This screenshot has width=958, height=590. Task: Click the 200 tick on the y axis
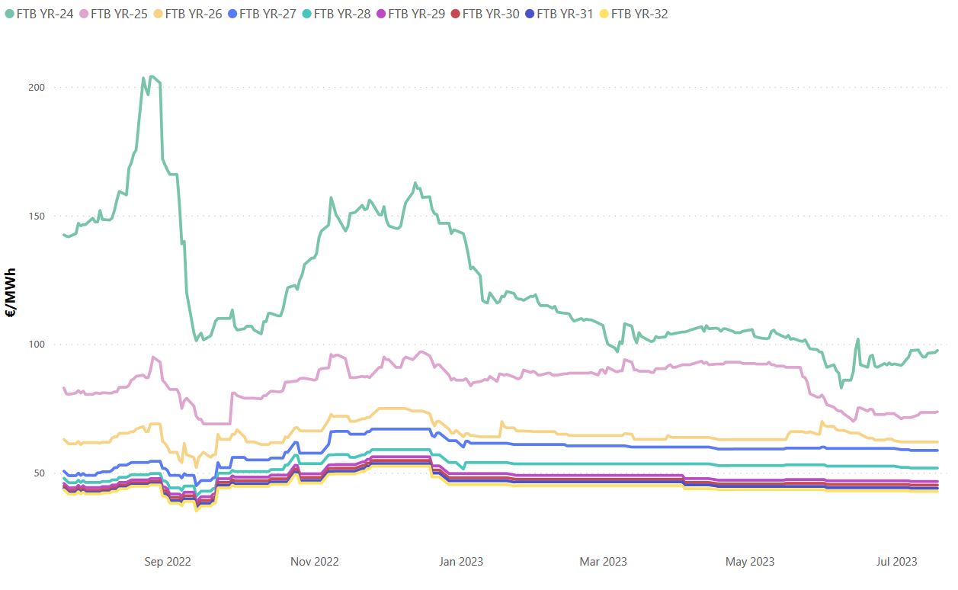coord(37,87)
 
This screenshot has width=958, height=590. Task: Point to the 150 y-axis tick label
coord(37,216)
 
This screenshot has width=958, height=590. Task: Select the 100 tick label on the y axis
coord(37,345)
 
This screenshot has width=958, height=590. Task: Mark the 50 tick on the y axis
coord(40,473)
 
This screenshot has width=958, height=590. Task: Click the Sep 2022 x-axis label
coord(168,562)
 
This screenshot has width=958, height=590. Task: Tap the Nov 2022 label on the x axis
coord(315,562)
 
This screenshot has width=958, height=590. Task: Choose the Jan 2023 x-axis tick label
coord(460,562)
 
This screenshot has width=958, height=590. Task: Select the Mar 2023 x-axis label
coord(604,562)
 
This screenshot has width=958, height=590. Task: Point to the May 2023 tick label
coord(750,562)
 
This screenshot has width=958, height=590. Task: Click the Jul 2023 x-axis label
coord(896,562)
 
